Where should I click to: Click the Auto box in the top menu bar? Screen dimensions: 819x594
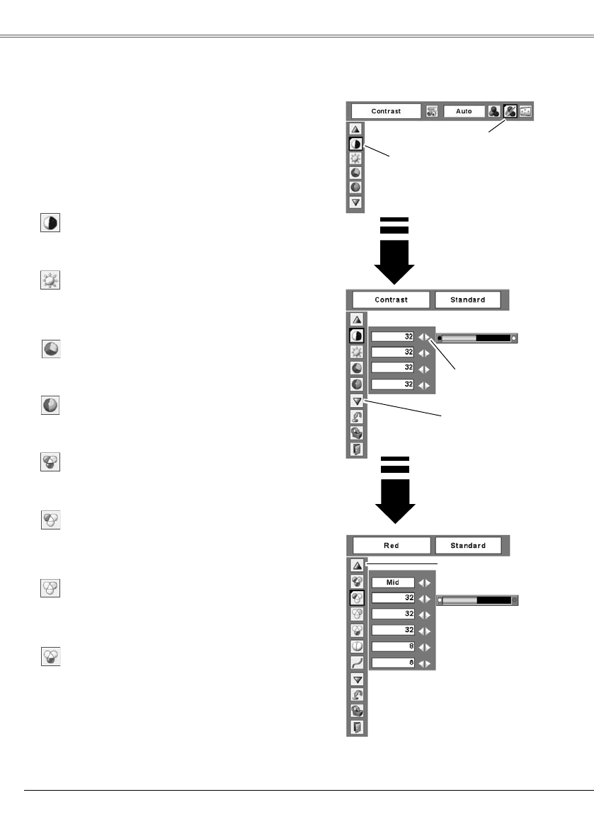tap(464, 111)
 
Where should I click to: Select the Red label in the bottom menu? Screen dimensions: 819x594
tap(391, 546)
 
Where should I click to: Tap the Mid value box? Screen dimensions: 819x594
tap(393, 583)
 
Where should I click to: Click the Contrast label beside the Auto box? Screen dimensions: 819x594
tap(387, 111)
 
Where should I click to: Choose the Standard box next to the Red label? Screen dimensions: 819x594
tap(468, 546)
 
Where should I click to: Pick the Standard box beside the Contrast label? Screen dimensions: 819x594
tap(468, 299)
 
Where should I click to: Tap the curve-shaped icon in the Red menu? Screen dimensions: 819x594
tap(358, 663)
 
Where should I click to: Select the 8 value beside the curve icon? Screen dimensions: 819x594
tap(393, 663)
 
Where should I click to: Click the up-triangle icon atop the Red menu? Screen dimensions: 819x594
tap(358, 565)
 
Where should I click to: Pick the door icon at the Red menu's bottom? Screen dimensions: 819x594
tap(358, 728)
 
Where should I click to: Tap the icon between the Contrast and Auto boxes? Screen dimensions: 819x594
tap(432, 111)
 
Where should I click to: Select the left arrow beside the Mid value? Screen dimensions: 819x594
tap(421, 583)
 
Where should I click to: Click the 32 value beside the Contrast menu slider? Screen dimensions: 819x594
tap(393, 337)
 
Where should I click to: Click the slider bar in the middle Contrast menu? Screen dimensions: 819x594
tap(476, 338)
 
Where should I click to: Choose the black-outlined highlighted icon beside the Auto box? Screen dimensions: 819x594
tap(510, 111)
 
